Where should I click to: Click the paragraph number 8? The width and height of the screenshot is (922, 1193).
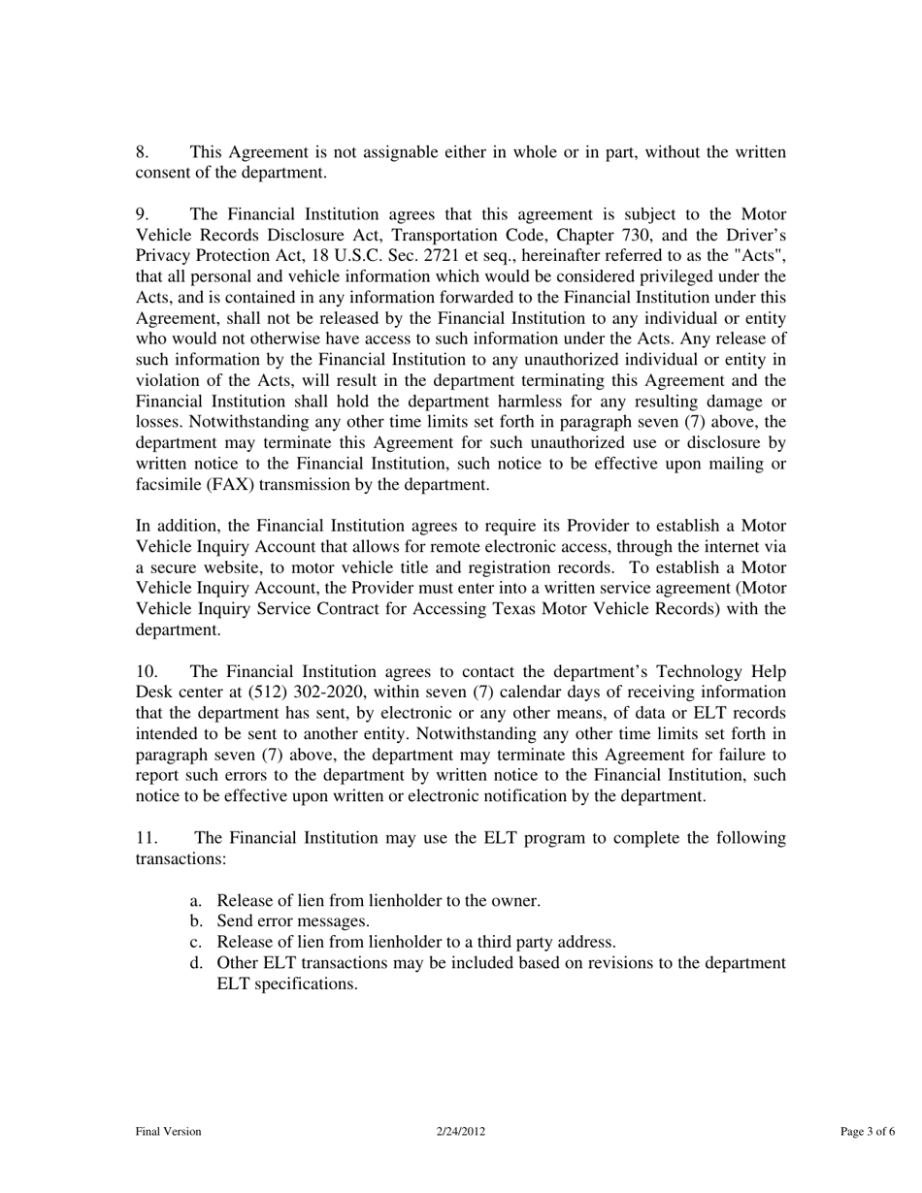pos(141,152)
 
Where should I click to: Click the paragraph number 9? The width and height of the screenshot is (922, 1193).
pos(141,214)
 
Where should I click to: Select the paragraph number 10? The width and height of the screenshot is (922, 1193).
pos(146,672)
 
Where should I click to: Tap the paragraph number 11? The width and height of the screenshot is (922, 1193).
pos(146,838)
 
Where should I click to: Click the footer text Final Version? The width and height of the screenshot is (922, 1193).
pos(168,1131)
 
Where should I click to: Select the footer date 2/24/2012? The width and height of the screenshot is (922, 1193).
pos(460,1131)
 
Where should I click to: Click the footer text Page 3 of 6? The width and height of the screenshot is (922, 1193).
pos(868,1131)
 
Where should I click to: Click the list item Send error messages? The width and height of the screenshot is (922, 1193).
pos(293,921)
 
